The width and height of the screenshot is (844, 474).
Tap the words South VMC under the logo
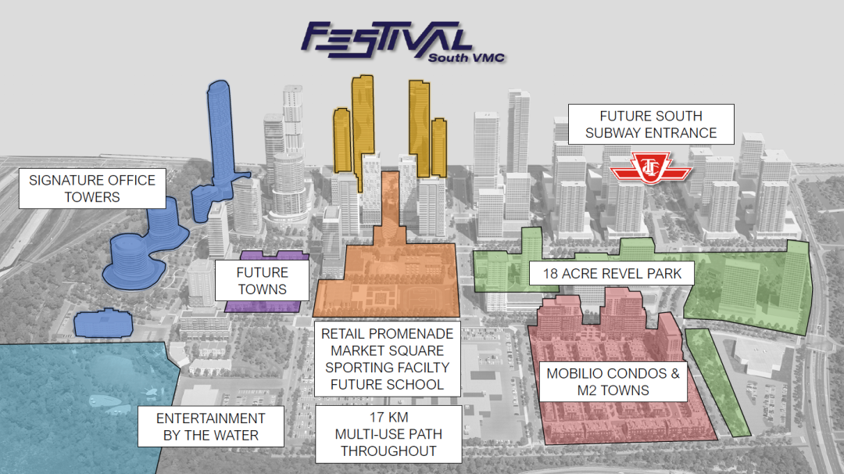467,57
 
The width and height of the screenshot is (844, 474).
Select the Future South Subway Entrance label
651,124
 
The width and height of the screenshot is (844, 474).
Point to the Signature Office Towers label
92,188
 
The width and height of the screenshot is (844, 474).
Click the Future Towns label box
262,281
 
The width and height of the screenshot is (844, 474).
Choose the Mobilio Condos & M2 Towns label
613,382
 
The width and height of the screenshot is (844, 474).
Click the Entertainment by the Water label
211,427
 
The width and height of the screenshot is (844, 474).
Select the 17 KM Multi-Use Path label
388,434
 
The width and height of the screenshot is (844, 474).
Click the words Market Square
387,350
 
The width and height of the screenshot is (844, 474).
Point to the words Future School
387,385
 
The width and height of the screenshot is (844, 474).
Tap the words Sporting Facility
387,368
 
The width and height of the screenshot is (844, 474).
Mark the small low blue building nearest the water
102,322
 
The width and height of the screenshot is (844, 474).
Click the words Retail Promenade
387,333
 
